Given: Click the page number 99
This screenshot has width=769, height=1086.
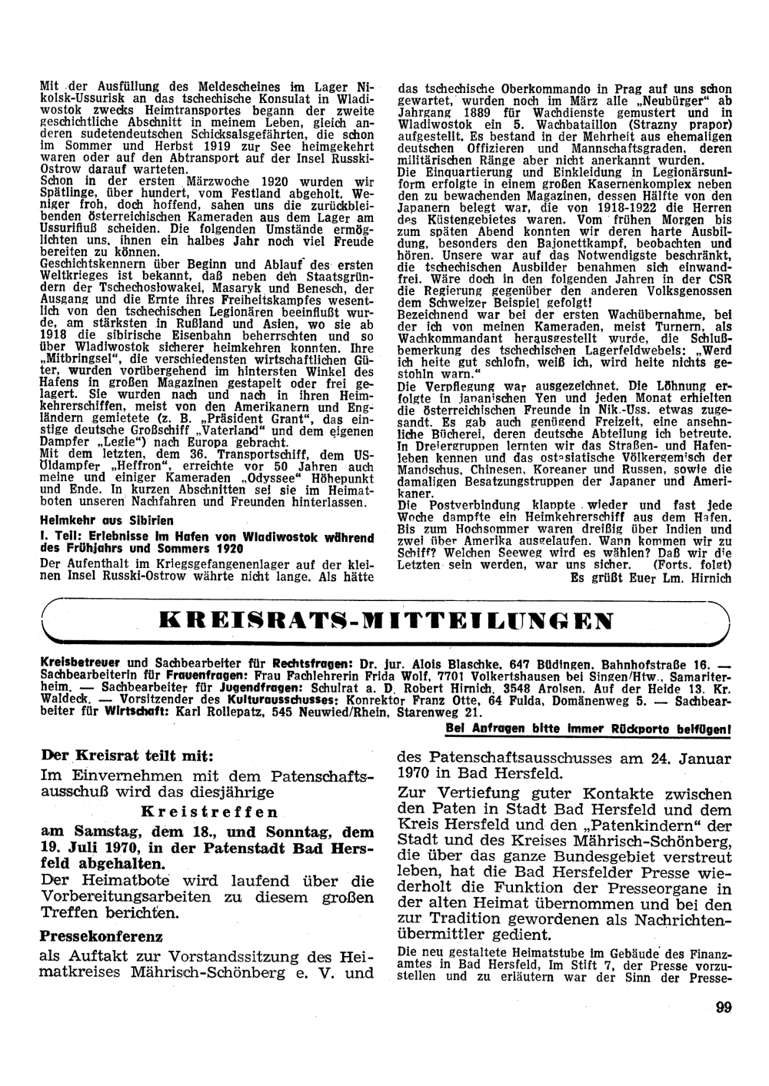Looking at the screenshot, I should tap(722, 1008).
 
